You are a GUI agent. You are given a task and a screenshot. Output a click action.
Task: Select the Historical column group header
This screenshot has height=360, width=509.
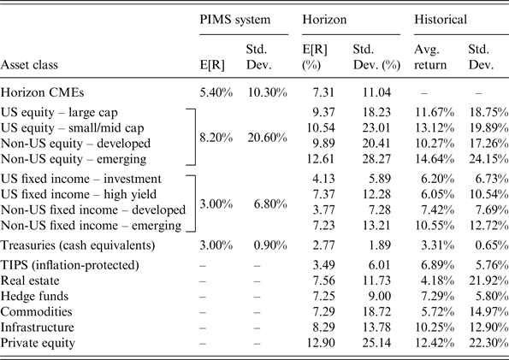pos(440,18)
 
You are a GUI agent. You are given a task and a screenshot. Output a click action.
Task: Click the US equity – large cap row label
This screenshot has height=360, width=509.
pos(70,112)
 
